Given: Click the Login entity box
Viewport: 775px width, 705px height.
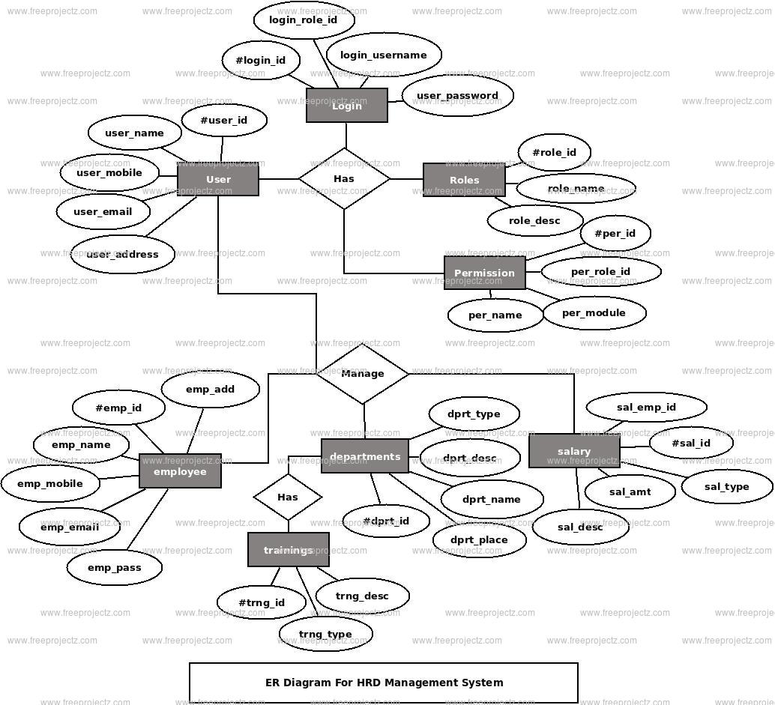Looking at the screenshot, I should [x=346, y=106].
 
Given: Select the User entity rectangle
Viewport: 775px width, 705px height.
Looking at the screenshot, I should [x=218, y=180].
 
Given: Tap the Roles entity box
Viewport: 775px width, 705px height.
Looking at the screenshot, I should [x=464, y=180].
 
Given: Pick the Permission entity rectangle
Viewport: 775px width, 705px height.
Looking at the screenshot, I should [x=484, y=273].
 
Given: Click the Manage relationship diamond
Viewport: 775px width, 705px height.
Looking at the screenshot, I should [x=363, y=373].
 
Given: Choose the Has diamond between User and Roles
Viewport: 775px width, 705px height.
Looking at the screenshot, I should [x=344, y=178].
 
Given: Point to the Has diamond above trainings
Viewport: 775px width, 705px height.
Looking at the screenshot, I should [x=288, y=497].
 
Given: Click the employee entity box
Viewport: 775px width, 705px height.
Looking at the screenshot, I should [x=180, y=471].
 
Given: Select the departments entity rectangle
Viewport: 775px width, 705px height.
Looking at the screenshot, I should [x=365, y=456].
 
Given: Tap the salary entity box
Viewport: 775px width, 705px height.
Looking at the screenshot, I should [x=574, y=451].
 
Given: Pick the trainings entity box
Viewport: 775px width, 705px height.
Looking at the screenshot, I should [x=288, y=550].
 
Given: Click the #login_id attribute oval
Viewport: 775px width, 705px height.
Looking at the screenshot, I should [x=261, y=60].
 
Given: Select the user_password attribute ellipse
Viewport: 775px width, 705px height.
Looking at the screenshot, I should [x=457, y=95].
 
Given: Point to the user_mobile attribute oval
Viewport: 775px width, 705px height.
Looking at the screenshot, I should [x=109, y=172].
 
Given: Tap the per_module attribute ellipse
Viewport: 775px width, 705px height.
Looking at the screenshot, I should [x=594, y=312].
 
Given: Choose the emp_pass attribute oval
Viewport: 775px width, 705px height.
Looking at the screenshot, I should [x=114, y=567].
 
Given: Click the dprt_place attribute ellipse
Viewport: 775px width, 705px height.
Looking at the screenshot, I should [x=479, y=539].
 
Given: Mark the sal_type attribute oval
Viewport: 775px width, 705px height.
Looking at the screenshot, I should [x=726, y=486].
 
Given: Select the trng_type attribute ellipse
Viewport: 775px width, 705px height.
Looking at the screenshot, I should [x=325, y=634].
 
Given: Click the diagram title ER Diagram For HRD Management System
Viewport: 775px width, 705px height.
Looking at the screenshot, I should [x=384, y=683].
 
